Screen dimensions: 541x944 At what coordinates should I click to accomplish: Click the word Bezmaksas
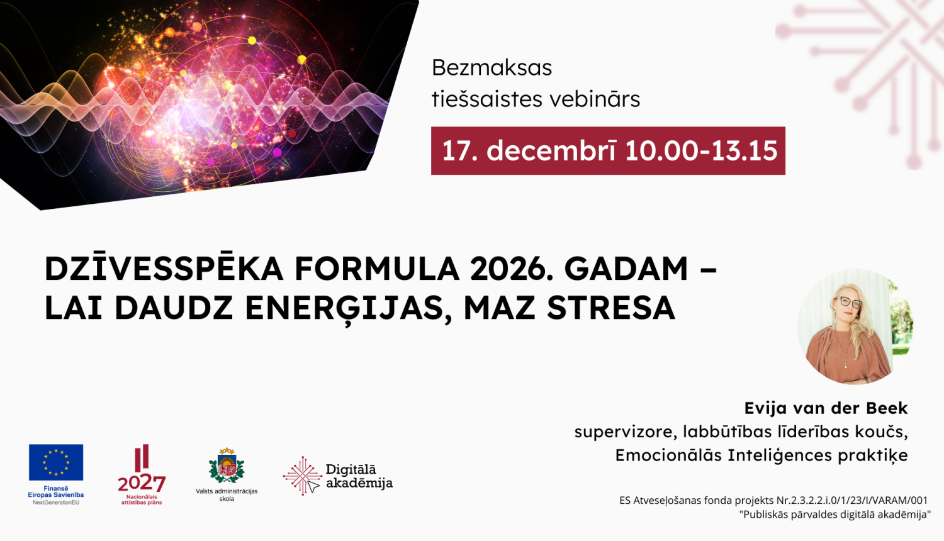[492, 68]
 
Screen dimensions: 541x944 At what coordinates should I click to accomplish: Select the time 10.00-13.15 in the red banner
[701, 151]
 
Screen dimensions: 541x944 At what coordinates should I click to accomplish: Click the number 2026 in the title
[509, 269]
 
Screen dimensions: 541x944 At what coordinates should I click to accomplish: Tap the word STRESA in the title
[611, 308]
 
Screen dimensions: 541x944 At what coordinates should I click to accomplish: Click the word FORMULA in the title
[377, 269]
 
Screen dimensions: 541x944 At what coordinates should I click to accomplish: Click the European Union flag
[56, 462]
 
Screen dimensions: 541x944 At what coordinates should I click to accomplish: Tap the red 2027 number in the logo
[142, 483]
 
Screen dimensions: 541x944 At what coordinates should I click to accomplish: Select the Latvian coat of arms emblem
[227, 466]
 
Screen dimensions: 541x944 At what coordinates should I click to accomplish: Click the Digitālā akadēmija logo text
[359, 476]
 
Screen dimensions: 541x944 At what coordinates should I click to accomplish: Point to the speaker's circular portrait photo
[855, 326]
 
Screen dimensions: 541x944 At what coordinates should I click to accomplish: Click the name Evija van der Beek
[826, 408]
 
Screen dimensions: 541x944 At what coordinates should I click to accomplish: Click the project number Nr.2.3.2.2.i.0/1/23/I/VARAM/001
[852, 501]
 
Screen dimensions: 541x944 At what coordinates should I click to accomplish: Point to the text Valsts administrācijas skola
[227, 495]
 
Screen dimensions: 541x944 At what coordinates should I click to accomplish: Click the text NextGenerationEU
[56, 503]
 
